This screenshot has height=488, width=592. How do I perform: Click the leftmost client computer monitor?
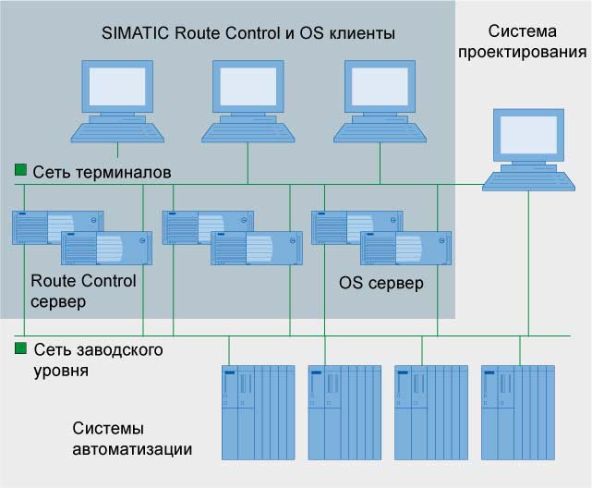116,88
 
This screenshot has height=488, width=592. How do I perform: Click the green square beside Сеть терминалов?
19,171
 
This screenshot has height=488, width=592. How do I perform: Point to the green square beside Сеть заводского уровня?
19,349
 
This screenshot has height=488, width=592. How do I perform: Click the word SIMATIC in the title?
133,33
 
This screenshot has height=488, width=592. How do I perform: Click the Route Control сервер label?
83,291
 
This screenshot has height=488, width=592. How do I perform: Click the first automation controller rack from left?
258,411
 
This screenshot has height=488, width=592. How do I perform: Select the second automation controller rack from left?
344,411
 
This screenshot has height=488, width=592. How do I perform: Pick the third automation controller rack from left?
431,411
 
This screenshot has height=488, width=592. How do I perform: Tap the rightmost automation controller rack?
518,411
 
